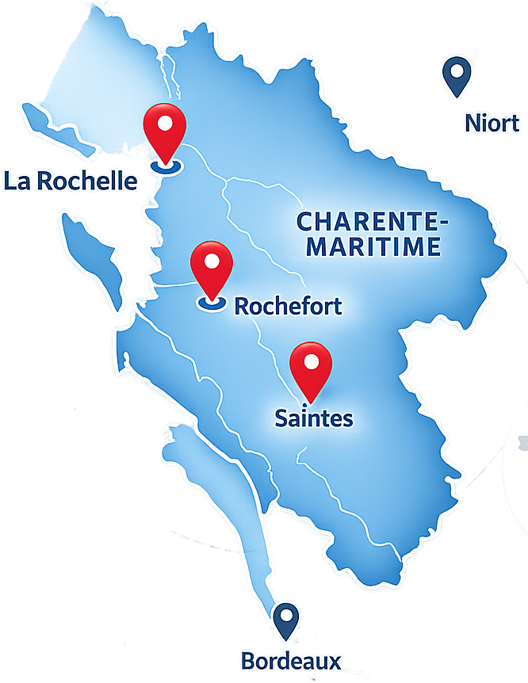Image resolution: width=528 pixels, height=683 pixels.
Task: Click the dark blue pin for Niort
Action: (x=457, y=76)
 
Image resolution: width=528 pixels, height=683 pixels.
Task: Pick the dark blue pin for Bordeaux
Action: (x=285, y=621)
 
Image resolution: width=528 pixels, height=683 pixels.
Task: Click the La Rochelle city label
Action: (x=70, y=181)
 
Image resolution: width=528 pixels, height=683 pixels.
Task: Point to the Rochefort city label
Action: (x=289, y=306)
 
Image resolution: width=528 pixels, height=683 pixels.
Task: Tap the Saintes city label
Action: (x=314, y=418)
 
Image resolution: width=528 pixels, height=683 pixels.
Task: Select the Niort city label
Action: (x=492, y=123)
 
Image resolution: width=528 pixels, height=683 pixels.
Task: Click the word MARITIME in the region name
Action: (x=374, y=246)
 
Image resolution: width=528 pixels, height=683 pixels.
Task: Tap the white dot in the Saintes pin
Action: (x=311, y=362)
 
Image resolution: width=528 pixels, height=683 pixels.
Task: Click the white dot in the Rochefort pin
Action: (x=212, y=261)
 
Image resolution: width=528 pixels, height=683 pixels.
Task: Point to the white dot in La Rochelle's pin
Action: (x=165, y=124)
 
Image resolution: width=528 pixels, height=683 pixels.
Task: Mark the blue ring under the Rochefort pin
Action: (x=212, y=302)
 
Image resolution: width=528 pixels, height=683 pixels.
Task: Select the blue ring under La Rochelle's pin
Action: (x=166, y=166)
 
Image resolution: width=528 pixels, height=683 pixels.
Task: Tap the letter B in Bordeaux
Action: (x=247, y=661)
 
